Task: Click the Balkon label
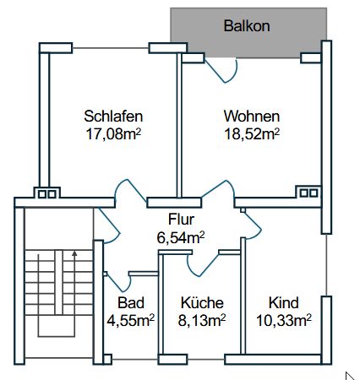click(x=247, y=26)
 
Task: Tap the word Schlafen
click(x=112, y=117)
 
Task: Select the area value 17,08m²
click(x=112, y=133)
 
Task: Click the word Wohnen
click(x=252, y=117)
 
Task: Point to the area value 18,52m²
click(x=252, y=133)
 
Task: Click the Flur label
click(x=181, y=221)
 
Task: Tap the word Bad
click(x=131, y=303)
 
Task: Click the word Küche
click(x=203, y=303)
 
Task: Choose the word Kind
click(x=284, y=303)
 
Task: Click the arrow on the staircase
click(x=74, y=253)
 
